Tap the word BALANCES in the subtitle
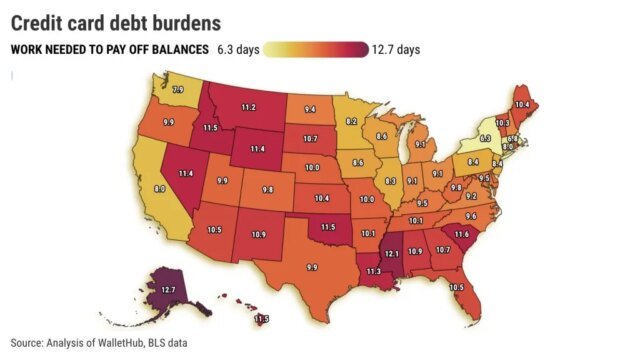tap(176, 49)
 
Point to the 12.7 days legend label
tap(398, 49)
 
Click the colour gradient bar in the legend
tap(318, 49)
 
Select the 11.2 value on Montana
tap(248, 107)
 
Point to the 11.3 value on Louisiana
tap(373, 270)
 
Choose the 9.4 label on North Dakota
tap(311, 108)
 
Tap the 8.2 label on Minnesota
tap(352, 120)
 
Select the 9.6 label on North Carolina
tap(471, 214)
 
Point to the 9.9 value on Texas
tap(311, 267)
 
